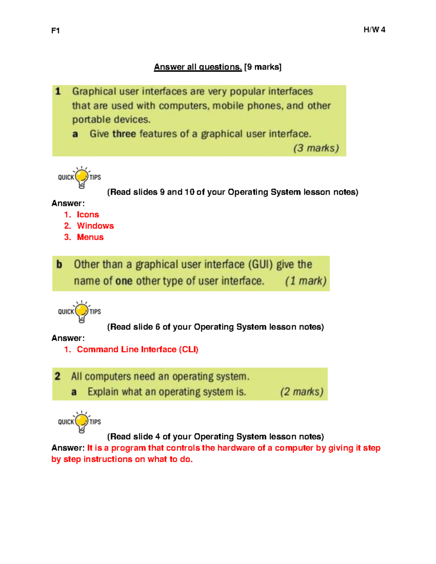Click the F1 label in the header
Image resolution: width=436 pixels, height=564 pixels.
tap(56, 31)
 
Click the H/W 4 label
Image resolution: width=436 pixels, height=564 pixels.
tap(374, 30)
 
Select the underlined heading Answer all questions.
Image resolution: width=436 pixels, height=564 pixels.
tap(198, 67)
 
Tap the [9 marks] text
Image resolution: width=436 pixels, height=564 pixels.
tap(263, 67)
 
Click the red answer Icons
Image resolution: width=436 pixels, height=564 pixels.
tap(88, 215)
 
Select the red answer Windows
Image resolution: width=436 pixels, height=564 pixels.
tap(95, 226)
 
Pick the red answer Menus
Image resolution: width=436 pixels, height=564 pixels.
tap(90, 237)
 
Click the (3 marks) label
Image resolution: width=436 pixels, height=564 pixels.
tap(316, 148)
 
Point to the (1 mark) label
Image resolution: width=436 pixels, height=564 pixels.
tap(306, 281)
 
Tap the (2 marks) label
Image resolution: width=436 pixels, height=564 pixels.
tap(302, 392)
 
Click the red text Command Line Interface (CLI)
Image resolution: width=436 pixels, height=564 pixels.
tap(137, 349)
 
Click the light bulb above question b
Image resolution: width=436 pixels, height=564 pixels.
tap(82, 177)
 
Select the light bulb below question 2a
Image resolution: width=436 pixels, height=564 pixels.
tap(82, 422)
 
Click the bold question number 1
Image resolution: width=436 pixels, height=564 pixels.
tap(58, 91)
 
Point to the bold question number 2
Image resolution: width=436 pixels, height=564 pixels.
tap(57, 376)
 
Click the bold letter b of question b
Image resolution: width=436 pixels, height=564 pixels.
tap(59, 264)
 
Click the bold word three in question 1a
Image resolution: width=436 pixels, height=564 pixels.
tap(124, 134)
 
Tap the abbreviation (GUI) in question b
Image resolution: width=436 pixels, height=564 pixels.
tap(260, 264)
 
